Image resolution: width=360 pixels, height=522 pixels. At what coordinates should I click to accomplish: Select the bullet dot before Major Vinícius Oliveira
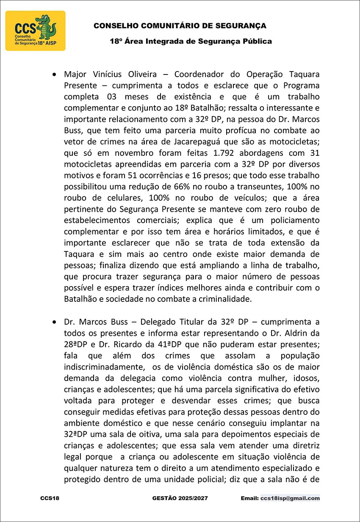pyautogui.click(x=54, y=74)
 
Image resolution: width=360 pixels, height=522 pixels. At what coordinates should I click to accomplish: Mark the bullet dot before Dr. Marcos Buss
pyautogui.click(x=54, y=322)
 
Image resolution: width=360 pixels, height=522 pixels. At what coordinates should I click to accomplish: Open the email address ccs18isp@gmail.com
pyautogui.click(x=290, y=498)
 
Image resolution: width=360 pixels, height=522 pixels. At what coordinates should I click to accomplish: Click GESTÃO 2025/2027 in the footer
pyautogui.click(x=180, y=498)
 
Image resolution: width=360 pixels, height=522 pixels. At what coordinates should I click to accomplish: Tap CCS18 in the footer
pyautogui.click(x=50, y=498)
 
